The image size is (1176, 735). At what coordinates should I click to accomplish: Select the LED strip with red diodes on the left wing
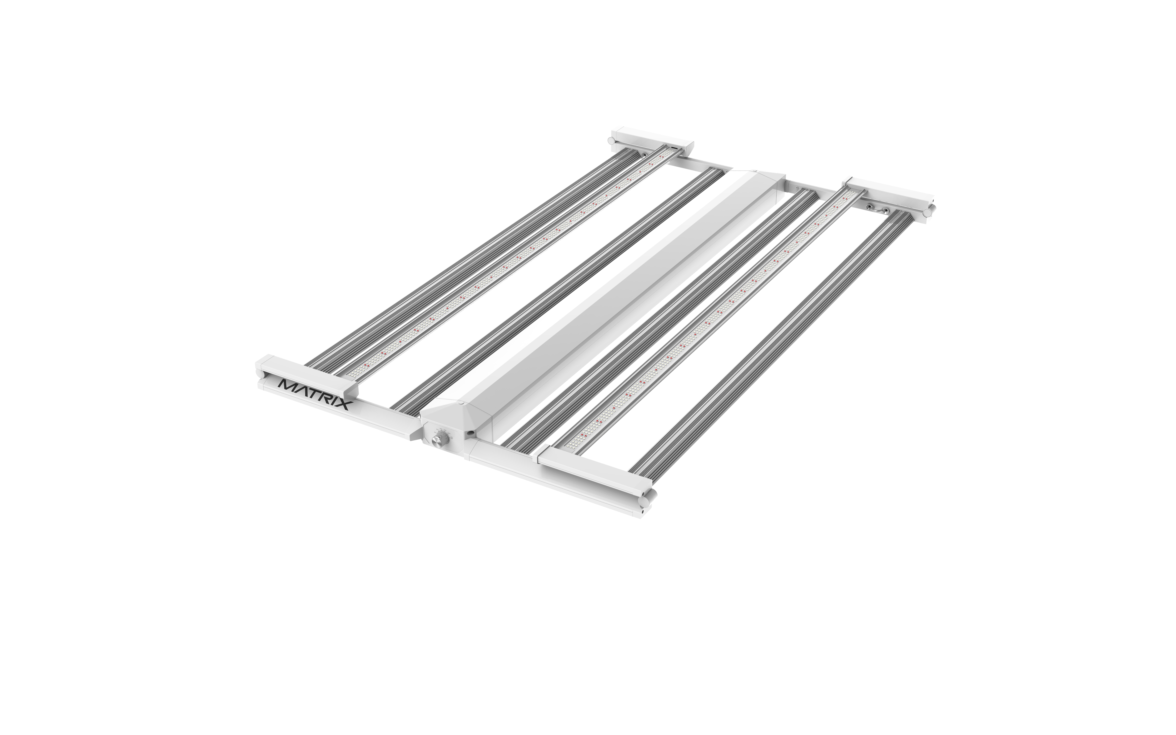point(510,262)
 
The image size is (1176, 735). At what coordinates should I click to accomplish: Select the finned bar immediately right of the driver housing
point(661,316)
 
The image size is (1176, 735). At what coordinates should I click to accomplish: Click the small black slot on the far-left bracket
point(675,146)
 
